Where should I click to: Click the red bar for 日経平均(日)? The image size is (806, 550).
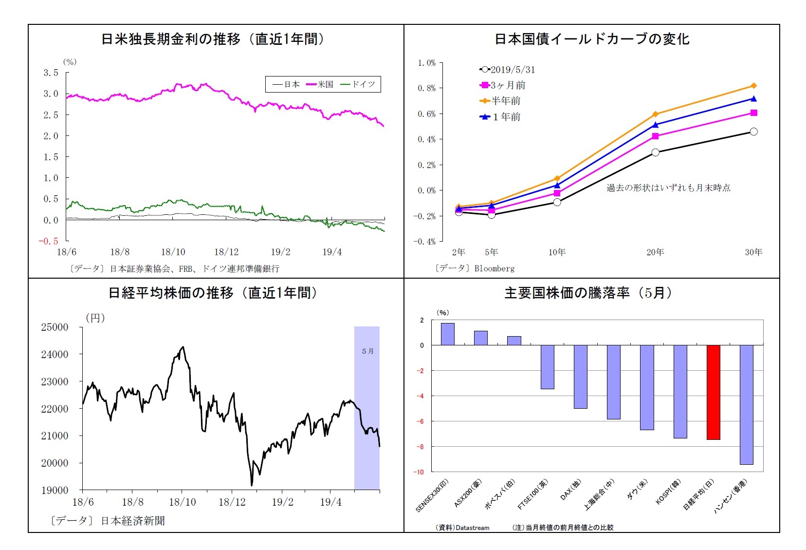coord(713,392)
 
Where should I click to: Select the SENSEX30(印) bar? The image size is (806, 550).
coord(447,334)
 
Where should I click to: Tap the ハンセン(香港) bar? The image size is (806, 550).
coord(746,404)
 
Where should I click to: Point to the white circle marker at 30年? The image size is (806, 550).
coord(753,132)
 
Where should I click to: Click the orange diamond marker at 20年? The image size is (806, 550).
coord(655,114)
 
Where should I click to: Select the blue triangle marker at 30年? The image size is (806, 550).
coord(753,99)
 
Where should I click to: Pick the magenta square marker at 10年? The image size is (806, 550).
coord(557,193)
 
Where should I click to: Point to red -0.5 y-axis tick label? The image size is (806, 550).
coord(49,241)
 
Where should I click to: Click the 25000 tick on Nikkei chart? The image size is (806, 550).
coord(55,327)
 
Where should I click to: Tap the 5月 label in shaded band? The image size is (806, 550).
coord(367,351)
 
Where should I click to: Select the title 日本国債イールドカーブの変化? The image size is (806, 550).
coord(592,39)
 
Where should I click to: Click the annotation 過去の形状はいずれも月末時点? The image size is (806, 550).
coord(668,188)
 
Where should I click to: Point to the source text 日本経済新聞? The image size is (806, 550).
coord(132,521)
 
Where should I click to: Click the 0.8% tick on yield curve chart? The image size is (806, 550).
coord(426,88)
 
